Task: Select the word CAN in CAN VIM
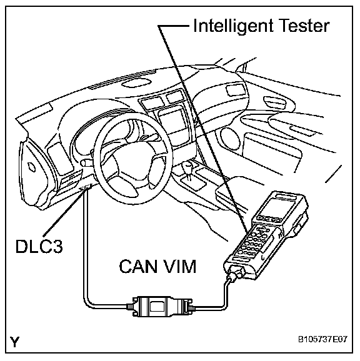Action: [x=138, y=266]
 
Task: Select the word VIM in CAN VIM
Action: [x=179, y=266]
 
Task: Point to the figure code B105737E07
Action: [x=322, y=339]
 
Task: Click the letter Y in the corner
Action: [x=15, y=342]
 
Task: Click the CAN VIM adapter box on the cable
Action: [x=159, y=306]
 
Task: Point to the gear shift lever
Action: [x=188, y=171]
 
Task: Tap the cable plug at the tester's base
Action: [x=235, y=274]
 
